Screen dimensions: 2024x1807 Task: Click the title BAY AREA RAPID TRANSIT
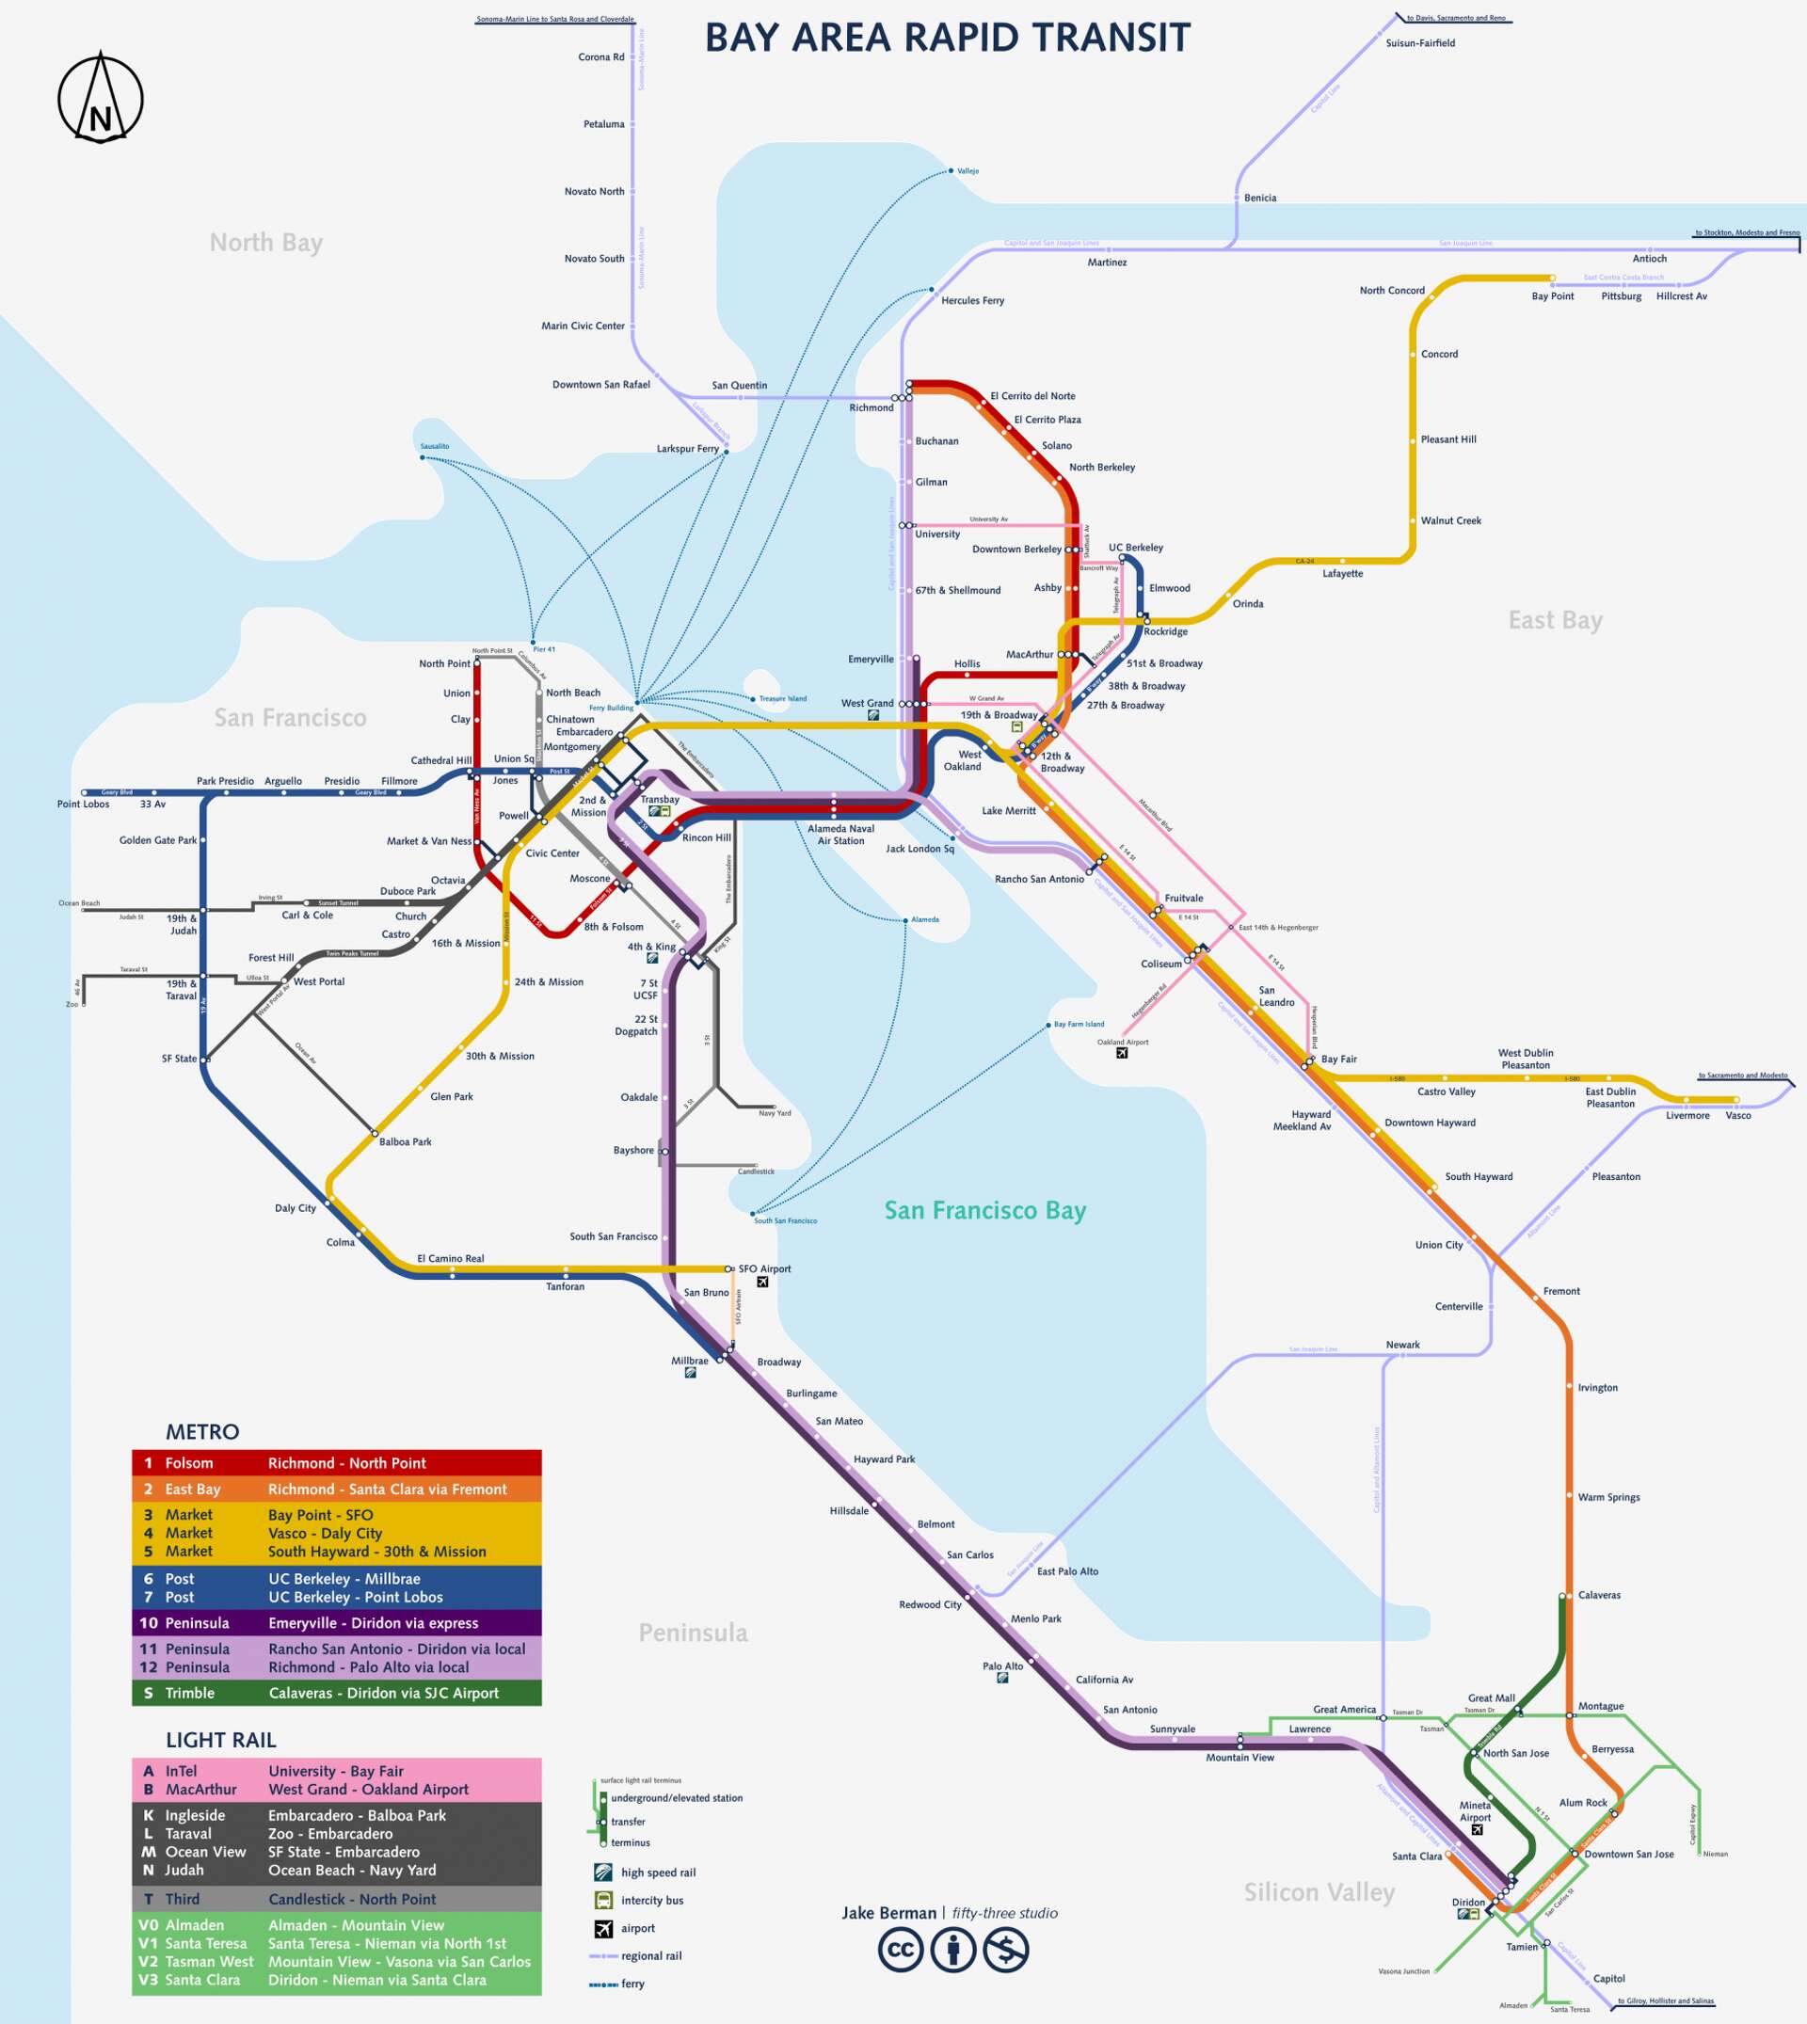(x=947, y=39)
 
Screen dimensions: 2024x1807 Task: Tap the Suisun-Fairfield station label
(x=1420, y=43)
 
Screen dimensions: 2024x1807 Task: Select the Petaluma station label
(x=603, y=125)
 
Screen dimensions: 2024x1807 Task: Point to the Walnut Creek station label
(x=1449, y=521)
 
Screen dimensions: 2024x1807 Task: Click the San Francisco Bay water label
(x=985, y=1211)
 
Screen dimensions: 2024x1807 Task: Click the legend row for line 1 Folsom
(x=337, y=1463)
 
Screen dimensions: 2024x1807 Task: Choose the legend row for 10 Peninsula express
(x=337, y=1623)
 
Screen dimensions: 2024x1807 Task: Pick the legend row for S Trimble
(x=337, y=1694)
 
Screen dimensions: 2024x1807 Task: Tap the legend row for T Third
(x=337, y=1899)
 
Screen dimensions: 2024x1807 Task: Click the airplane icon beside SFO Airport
(x=762, y=1283)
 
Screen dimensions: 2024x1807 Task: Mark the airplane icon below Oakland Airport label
(x=1122, y=1053)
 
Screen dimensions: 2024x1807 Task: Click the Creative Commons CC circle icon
(x=901, y=1951)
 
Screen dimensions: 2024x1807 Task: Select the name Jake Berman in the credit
(x=888, y=1913)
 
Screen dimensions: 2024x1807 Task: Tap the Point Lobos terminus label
(x=84, y=804)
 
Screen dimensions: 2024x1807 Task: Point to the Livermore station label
(x=1687, y=1116)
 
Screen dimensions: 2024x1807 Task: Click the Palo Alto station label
(x=1002, y=1666)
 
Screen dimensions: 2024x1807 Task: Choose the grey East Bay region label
(x=1555, y=620)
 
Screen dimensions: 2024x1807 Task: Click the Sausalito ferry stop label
(x=434, y=447)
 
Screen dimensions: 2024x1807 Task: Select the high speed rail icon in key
(x=603, y=1873)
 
